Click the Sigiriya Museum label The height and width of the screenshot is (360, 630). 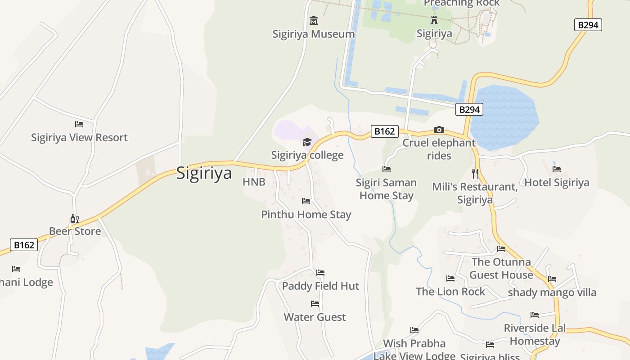click(x=314, y=34)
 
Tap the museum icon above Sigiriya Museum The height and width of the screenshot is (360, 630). click(x=314, y=20)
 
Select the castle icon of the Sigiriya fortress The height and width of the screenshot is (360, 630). click(x=434, y=20)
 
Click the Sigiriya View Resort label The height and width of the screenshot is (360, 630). click(x=79, y=137)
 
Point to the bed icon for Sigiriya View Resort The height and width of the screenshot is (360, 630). click(x=79, y=124)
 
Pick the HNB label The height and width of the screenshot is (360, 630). click(x=254, y=182)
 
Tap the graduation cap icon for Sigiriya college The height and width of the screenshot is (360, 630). click(x=307, y=142)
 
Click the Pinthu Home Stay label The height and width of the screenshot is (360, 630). click(x=306, y=214)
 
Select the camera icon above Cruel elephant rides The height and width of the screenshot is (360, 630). click(x=439, y=130)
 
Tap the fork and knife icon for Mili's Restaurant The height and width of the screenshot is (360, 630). click(x=475, y=173)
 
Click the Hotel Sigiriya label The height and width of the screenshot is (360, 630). click(x=557, y=182)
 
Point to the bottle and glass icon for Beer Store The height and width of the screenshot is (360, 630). click(x=75, y=219)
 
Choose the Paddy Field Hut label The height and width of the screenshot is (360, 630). click(x=320, y=286)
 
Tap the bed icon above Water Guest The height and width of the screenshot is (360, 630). click(x=315, y=304)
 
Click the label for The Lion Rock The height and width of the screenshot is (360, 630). click(x=450, y=292)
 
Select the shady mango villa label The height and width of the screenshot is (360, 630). click(x=552, y=292)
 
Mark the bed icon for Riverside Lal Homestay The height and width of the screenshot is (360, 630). click(x=535, y=315)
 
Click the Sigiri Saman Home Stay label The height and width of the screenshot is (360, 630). click(x=386, y=189)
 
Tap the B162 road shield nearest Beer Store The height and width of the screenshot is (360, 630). click(x=24, y=245)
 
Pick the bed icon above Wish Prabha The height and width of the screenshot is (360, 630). click(x=414, y=330)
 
